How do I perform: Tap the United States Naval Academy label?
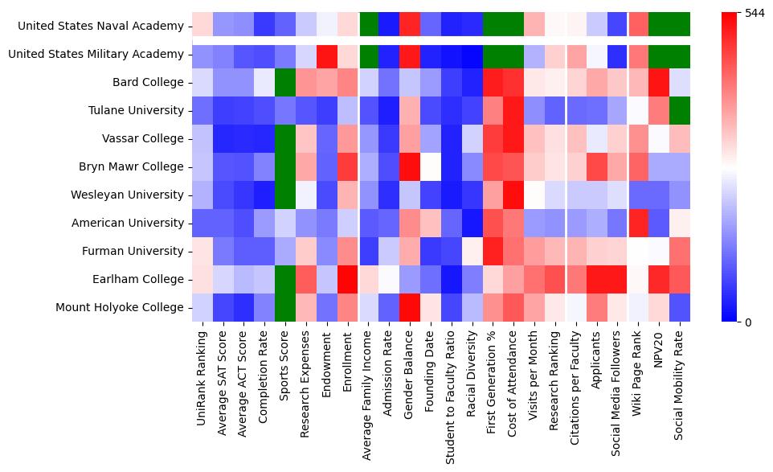coord(100,26)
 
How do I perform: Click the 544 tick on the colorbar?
coord(756,14)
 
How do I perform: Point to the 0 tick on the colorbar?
coord(749,322)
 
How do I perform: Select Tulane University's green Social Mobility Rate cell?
coord(680,110)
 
